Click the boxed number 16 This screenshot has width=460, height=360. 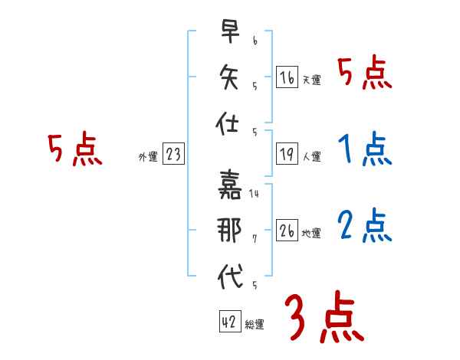pos(286,77)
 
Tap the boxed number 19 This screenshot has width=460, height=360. pos(286,154)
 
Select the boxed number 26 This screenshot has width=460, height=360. pos(286,231)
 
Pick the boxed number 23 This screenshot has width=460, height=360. pos(173,154)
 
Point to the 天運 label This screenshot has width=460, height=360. pos(312,80)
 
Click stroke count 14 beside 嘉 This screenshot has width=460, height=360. pos(255,194)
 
